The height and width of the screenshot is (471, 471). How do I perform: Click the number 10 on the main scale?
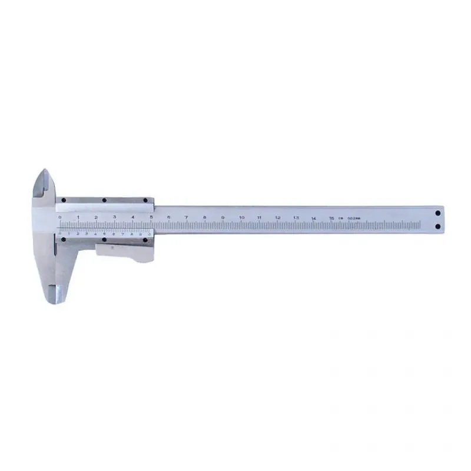(x=241, y=218)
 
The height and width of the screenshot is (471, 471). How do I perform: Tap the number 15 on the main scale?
(x=332, y=218)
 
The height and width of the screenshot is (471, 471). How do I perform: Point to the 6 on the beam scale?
(x=168, y=217)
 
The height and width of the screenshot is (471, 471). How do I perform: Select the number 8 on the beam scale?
(x=205, y=217)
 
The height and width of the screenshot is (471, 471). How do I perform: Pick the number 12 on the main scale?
(x=278, y=218)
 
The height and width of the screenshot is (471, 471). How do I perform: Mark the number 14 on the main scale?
(x=314, y=218)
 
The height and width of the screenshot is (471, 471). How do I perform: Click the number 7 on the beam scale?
(x=187, y=217)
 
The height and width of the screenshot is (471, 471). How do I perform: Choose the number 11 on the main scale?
(x=260, y=218)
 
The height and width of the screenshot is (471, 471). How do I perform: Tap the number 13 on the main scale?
(x=296, y=218)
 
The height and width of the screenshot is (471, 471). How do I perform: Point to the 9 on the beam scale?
(x=223, y=217)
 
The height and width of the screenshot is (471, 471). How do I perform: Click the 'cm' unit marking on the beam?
(x=340, y=218)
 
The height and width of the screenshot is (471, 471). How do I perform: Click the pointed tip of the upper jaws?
(x=44, y=171)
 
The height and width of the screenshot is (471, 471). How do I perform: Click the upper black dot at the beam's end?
(x=438, y=214)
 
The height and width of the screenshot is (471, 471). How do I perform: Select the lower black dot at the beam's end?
(x=438, y=226)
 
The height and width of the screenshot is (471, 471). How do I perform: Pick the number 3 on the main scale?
(x=114, y=217)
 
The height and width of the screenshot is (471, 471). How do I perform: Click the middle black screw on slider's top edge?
(x=104, y=200)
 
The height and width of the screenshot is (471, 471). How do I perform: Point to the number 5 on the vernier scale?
(x=104, y=234)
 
